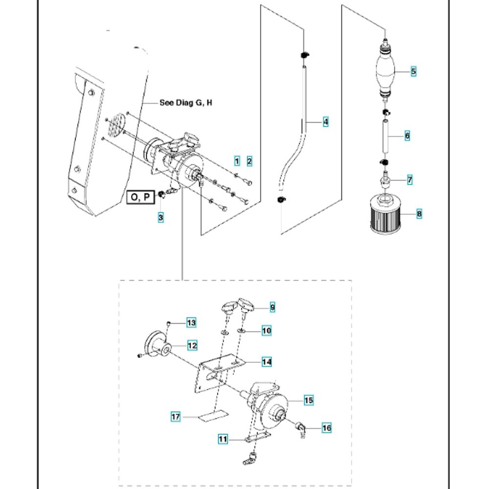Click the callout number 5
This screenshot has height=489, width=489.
click(x=413, y=71)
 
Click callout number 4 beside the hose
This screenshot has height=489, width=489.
click(x=326, y=121)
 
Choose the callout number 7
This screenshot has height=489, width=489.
click(x=410, y=180)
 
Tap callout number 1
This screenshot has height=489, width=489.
click(x=237, y=161)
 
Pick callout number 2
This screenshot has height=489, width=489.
click(x=249, y=161)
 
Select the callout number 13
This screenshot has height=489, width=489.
click(x=191, y=322)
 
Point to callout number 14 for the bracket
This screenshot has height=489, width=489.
click(x=267, y=362)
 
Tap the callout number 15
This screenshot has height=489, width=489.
click(x=309, y=400)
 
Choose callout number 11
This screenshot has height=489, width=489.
click(x=223, y=439)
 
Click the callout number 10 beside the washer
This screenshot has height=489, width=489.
click(x=267, y=331)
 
